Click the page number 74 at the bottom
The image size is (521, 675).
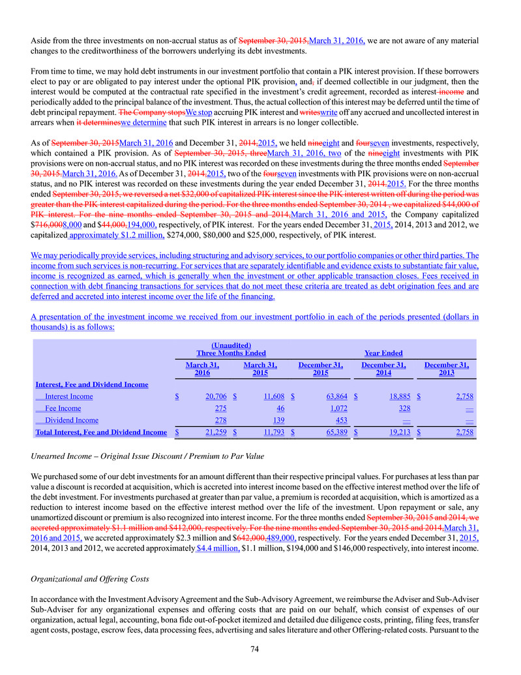(260, 650)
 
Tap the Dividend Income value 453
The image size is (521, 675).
(337, 420)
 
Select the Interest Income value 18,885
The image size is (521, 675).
(398, 396)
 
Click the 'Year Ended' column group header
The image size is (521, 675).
(383, 353)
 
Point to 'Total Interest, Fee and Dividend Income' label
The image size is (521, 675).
(100, 432)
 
